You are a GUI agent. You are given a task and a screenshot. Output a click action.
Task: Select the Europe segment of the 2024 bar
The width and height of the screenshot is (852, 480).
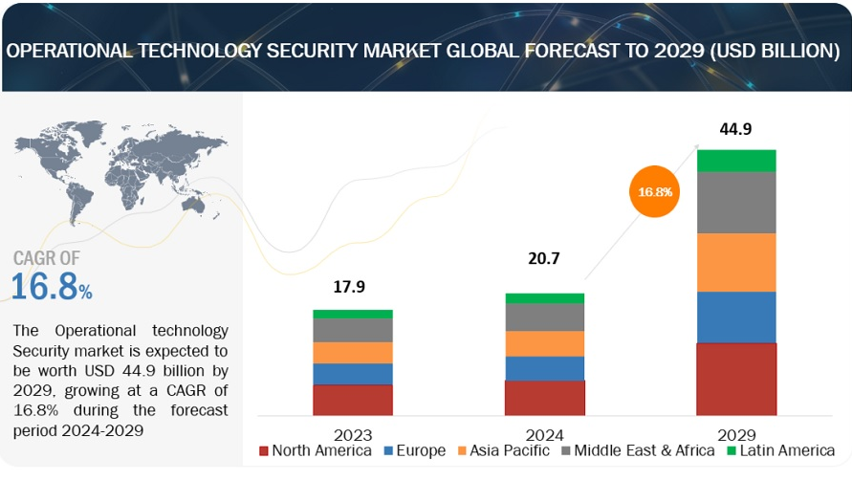544,368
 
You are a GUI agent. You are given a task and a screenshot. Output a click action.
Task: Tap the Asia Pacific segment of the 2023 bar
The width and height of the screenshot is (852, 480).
352,353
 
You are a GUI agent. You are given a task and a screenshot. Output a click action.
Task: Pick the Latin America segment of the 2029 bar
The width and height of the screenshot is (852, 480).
735,161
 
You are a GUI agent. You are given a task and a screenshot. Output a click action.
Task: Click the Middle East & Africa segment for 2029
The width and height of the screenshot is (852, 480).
735,203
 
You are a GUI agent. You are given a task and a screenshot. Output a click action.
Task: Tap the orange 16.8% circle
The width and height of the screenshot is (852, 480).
656,192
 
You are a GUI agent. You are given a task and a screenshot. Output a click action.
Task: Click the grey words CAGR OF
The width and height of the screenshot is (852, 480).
47,257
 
